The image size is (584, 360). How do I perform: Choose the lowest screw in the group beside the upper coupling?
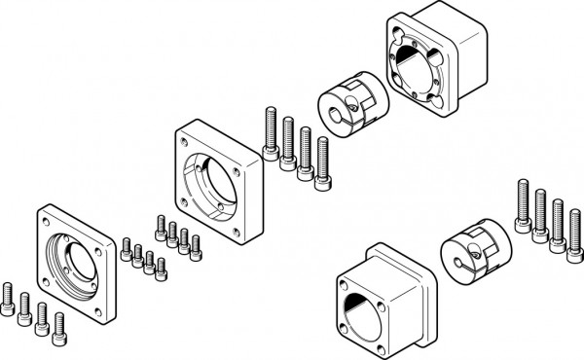[x=322, y=162]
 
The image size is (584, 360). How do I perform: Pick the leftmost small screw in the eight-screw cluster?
[x=127, y=249]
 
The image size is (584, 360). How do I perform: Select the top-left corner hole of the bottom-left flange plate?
[x=45, y=221]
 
